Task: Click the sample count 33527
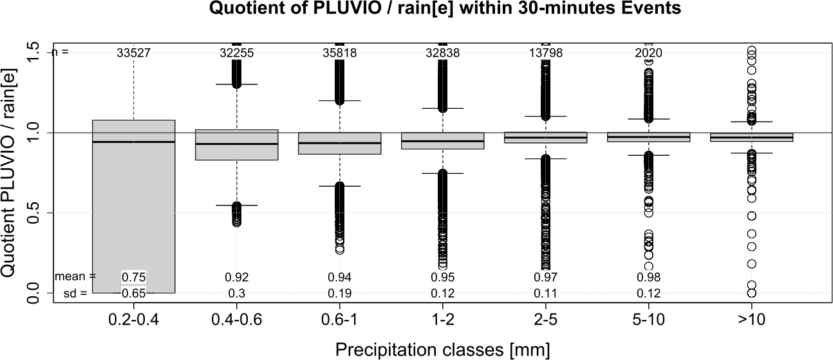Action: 133,53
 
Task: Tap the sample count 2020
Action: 648,53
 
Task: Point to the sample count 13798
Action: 545,53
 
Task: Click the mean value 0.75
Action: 133,277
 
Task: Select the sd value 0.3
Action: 236,293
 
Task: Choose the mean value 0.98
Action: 648,277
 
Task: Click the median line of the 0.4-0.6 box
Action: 236,144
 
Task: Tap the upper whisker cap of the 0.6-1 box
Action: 339,100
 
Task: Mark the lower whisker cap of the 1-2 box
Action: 442,173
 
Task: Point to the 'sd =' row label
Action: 80,293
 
